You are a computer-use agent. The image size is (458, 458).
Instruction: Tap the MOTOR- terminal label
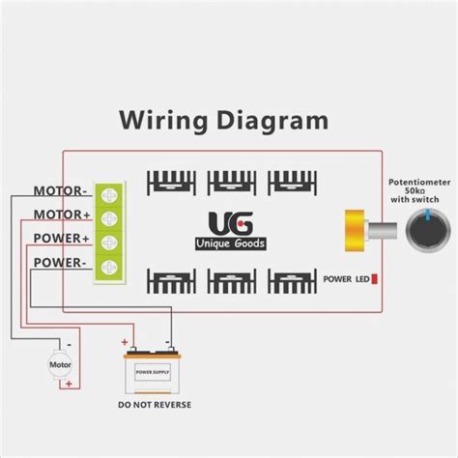click(62, 190)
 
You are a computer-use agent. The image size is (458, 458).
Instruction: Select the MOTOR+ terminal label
click(62, 214)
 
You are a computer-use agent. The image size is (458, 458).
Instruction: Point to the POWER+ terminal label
click(62, 238)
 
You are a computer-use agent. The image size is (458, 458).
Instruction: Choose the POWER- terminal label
click(62, 262)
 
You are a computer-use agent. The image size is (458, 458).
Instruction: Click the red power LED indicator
click(374, 279)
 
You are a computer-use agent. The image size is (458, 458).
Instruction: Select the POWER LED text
click(345, 279)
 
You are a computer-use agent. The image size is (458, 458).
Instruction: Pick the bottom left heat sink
click(171, 280)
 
